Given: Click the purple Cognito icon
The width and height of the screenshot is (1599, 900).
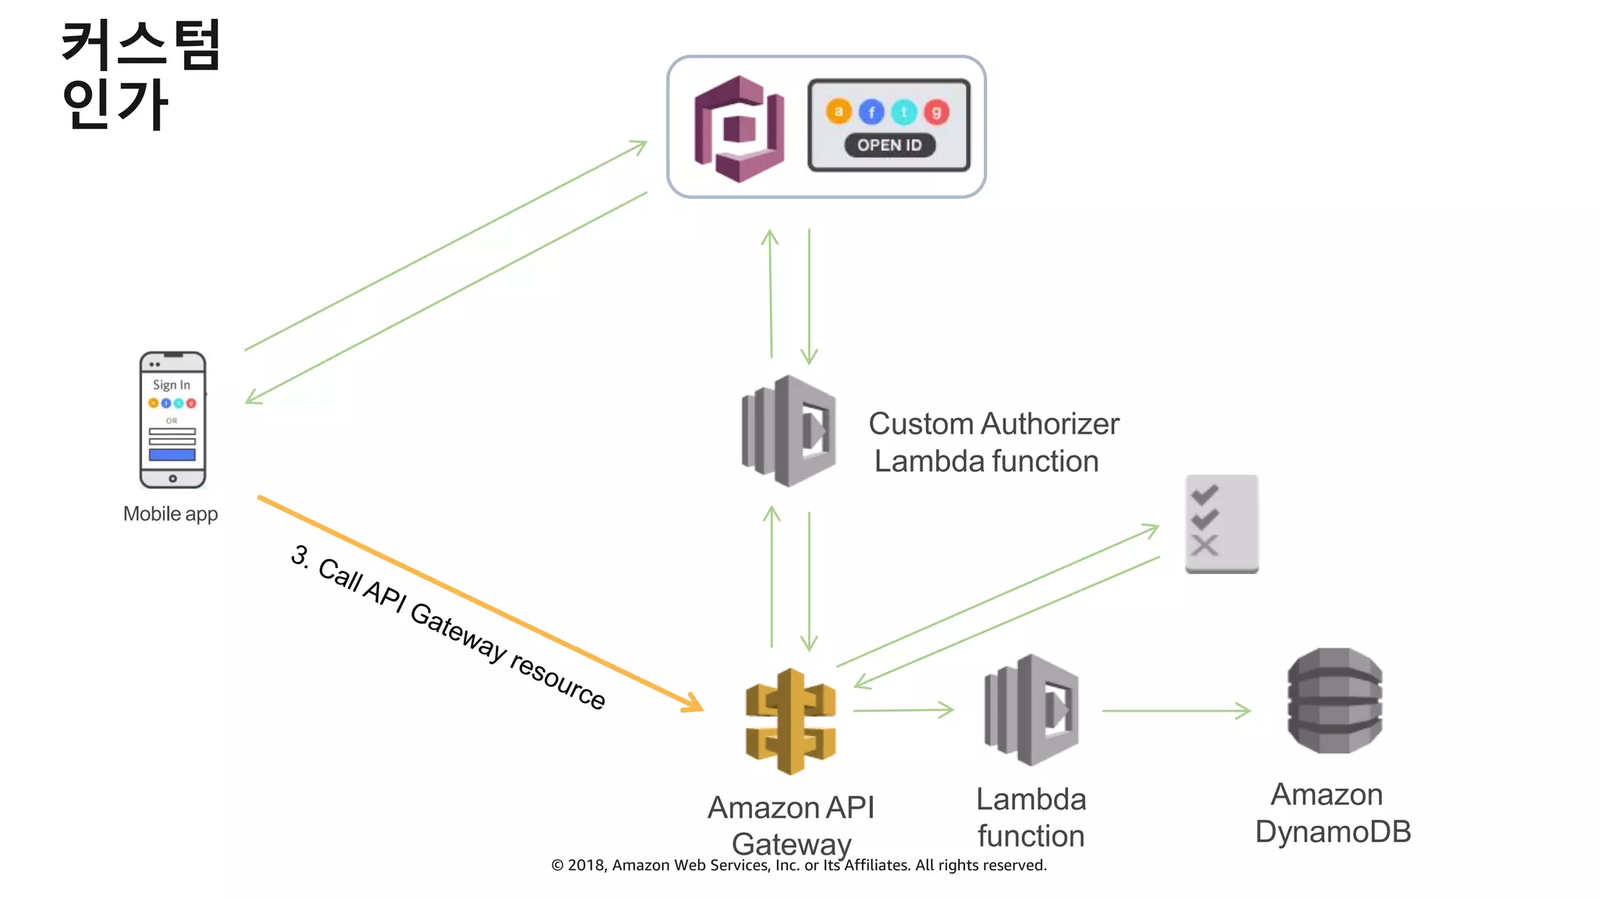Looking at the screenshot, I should (739, 129).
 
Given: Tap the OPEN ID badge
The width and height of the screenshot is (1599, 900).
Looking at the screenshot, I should (889, 145).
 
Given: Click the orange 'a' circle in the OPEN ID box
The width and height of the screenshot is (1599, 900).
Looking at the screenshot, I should (839, 112).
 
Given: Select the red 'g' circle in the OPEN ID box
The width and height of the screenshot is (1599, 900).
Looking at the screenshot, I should (936, 112).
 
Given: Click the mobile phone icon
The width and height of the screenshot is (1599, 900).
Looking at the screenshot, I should (173, 420).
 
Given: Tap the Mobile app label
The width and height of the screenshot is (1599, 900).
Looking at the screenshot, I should (170, 514).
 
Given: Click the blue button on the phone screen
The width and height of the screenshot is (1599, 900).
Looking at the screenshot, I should (173, 455).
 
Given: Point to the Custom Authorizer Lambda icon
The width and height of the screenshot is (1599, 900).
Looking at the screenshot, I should (789, 431).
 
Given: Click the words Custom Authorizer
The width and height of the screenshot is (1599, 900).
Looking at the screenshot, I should (993, 424).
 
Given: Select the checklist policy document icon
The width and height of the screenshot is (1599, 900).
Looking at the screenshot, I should (1221, 523).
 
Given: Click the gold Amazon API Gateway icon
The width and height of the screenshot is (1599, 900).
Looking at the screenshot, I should (790, 721).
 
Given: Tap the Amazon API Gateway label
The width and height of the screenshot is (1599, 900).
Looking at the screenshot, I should (791, 825).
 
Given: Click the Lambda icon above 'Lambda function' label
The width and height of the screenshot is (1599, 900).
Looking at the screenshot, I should (1031, 710).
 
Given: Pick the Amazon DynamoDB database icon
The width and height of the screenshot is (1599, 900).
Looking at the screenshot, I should (1334, 701).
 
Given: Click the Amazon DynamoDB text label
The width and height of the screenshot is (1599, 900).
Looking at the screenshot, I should (1333, 813).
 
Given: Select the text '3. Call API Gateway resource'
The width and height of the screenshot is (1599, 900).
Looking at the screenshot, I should (447, 627).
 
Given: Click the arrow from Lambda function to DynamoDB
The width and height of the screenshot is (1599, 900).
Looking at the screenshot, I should (1175, 711).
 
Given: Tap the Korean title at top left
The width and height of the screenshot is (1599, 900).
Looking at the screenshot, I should (141, 74).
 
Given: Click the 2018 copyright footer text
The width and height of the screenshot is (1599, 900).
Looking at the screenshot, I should (799, 865).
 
